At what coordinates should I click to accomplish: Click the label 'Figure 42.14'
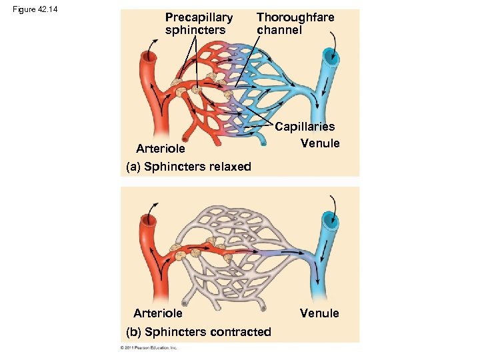click(35, 8)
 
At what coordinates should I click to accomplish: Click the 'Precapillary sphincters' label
click(198, 23)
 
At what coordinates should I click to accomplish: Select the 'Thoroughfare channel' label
click(295, 23)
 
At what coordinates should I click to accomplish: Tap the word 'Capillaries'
click(305, 126)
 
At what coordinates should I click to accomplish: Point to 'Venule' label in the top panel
click(320, 143)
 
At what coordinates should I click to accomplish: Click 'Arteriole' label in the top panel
click(160, 148)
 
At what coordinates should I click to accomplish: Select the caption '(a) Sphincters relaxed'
click(189, 167)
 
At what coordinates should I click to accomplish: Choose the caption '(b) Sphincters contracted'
click(199, 332)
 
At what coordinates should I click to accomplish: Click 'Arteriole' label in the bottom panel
click(157, 313)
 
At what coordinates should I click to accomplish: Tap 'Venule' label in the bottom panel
click(319, 313)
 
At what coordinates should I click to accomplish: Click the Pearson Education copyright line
click(148, 348)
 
